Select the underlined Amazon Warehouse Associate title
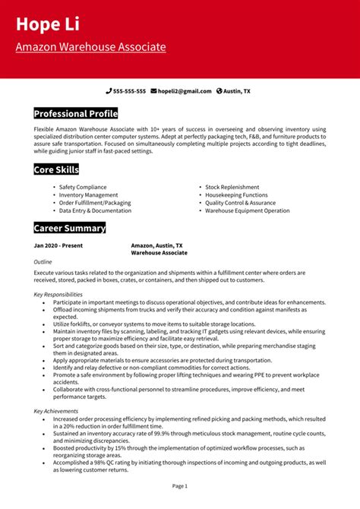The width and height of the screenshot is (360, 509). pos(90,47)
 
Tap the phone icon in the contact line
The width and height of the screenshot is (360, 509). pos(109,91)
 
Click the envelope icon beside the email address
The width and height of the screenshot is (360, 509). pos(153,91)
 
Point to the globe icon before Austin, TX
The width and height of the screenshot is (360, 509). pos(219,91)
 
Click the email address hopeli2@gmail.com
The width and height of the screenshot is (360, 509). pos(185,91)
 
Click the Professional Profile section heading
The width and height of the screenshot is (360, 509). pos(76,114)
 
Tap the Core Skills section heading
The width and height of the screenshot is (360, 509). pos(56,169)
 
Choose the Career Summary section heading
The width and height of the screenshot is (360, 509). pos(70,228)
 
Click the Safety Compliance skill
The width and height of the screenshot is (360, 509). pos(83,187)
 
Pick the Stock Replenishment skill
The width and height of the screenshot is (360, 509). pos(232,187)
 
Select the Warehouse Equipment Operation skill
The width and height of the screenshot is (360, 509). pos(247,210)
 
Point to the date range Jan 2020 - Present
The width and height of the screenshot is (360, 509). pos(58,246)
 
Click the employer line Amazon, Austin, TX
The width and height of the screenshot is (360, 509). pos(156,246)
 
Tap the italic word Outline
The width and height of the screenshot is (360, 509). pos(43,261)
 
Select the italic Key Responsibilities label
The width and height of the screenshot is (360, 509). pos(58,294)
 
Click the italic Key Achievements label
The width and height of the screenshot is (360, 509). pos(55,411)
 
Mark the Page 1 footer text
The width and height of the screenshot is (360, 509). pos(180,485)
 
